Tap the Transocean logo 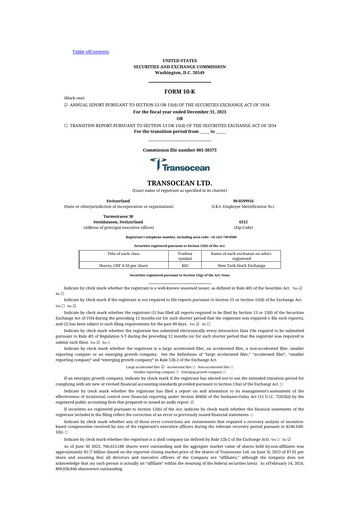click(x=180, y=167)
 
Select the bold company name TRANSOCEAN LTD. click(x=180, y=184)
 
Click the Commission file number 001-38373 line click(x=180, y=149)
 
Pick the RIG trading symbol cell click(x=185, y=265)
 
